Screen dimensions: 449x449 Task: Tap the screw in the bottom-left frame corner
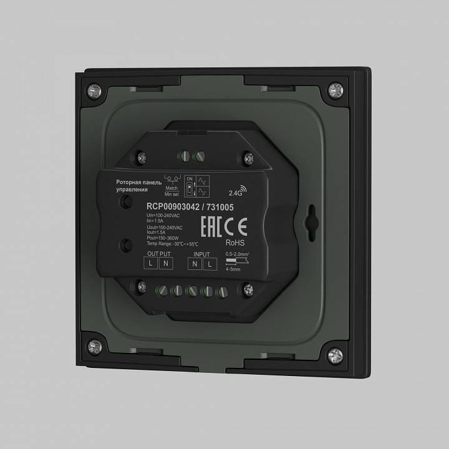point(95,345)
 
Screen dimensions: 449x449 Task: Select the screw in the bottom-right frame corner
point(336,355)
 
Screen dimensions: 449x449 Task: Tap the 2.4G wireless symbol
point(239,191)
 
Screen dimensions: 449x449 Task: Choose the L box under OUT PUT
point(152,264)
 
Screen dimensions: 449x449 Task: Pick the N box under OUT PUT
point(165,264)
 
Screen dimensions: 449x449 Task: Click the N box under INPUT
point(195,264)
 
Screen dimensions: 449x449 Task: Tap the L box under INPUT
point(209,264)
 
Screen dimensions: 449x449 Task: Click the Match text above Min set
point(171,188)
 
